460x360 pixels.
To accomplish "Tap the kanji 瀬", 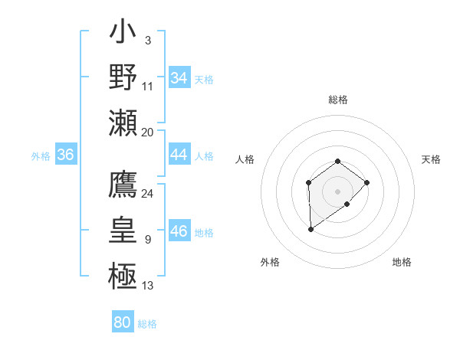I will (x=123, y=123).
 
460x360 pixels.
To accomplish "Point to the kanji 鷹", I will (x=123, y=185).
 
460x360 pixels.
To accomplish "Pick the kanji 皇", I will (x=123, y=231).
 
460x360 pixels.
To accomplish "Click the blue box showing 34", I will (x=179, y=78).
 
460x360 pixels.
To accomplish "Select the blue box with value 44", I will (x=179, y=155).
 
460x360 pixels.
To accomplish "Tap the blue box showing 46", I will (x=179, y=231).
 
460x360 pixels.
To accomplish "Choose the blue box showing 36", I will (x=65, y=155).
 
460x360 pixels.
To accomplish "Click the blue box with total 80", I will (x=122, y=322).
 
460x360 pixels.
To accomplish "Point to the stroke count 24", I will (x=147, y=194).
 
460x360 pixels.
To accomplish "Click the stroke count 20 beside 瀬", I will (x=147, y=132).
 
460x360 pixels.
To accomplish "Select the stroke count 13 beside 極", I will (x=147, y=286).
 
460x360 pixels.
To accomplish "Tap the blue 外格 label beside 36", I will (x=41, y=156).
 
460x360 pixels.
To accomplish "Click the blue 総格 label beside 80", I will (x=147, y=324).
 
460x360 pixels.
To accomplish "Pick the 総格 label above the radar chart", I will (x=338, y=100).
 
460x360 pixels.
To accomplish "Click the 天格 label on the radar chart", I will (x=432, y=159).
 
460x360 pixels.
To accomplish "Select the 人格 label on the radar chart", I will (x=245, y=159).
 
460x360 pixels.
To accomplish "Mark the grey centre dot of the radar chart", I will (x=337, y=191).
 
